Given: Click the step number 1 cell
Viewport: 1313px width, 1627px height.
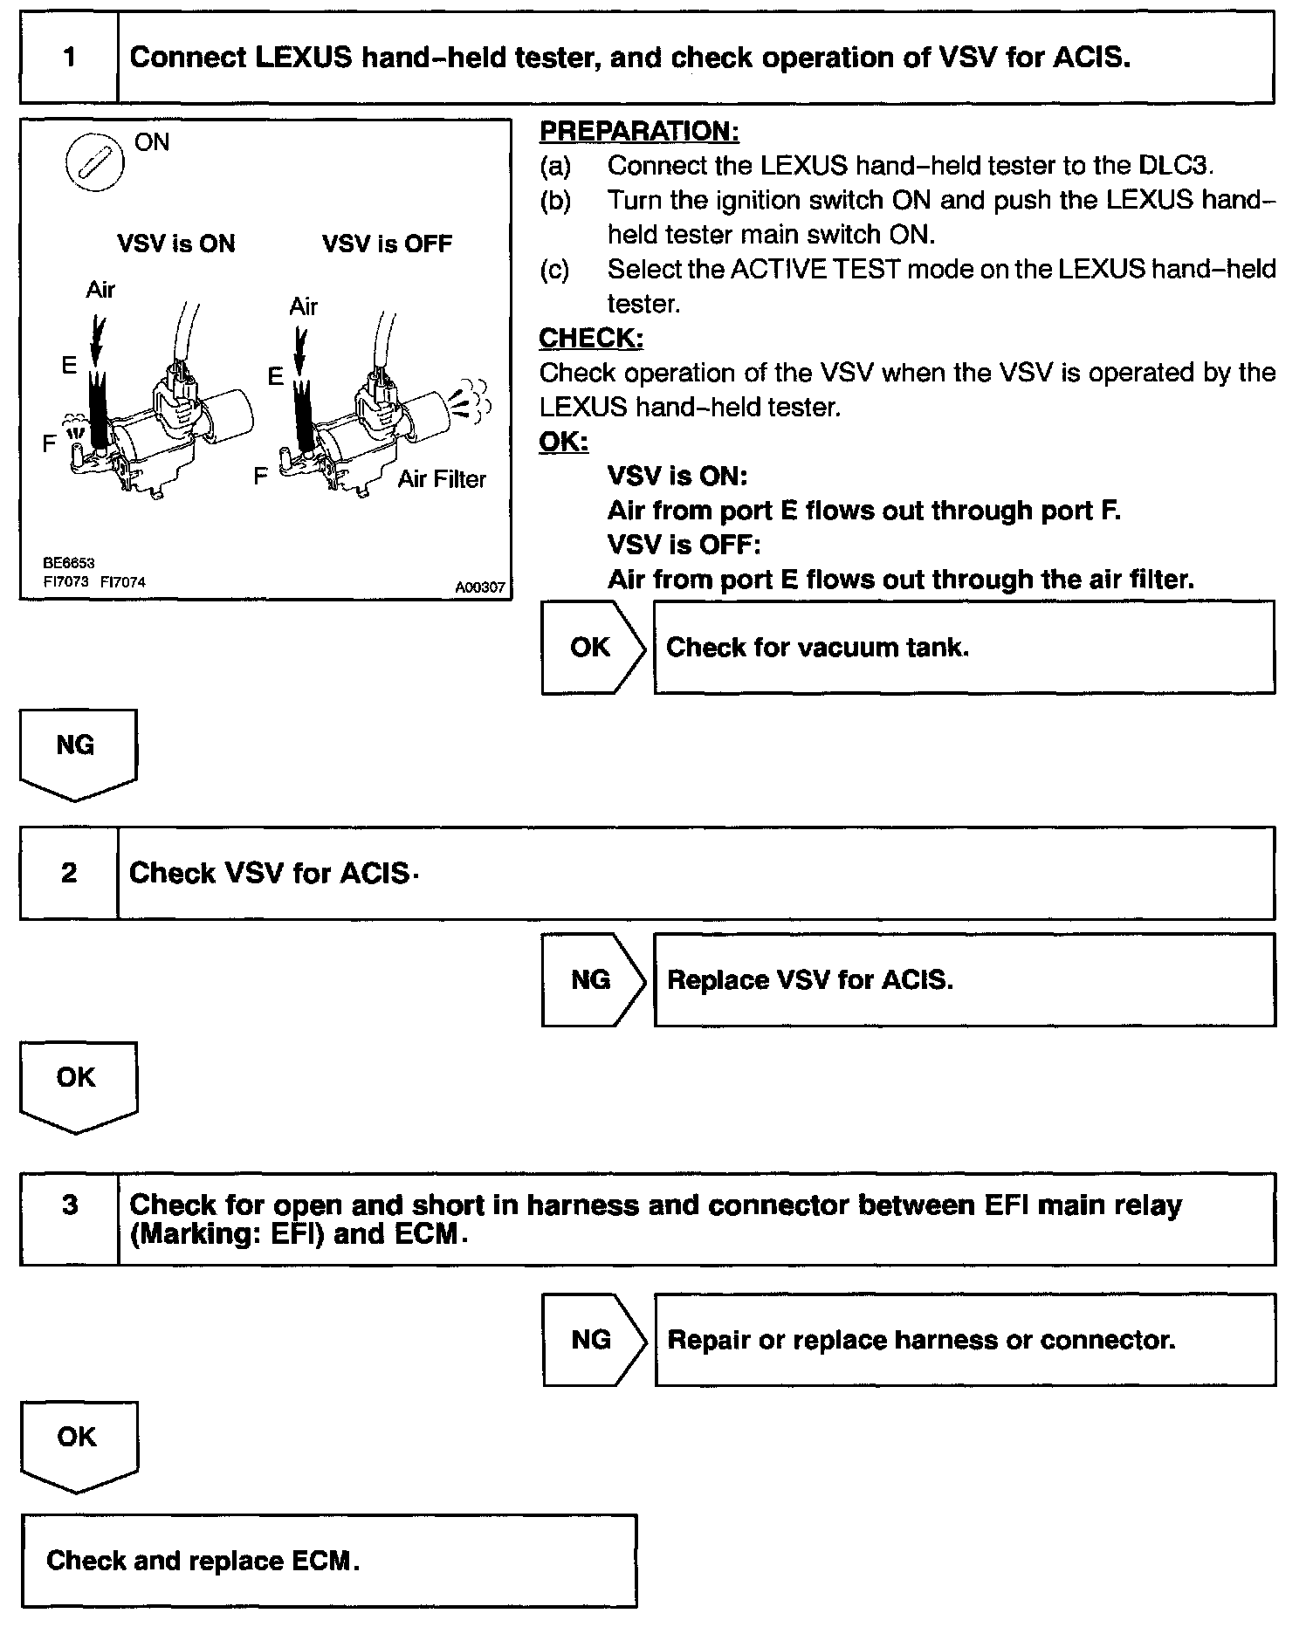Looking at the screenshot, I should [69, 58].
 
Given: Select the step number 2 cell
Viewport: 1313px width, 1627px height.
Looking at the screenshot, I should [69, 873].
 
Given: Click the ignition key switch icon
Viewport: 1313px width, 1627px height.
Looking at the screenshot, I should [95, 162].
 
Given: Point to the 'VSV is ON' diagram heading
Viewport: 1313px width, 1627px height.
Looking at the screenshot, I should [176, 244].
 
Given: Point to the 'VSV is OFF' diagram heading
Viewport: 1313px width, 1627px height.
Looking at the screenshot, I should [387, 244].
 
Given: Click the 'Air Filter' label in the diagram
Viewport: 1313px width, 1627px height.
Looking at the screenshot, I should [442, 479].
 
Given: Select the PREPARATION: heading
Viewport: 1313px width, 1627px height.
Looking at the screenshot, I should [639, 131].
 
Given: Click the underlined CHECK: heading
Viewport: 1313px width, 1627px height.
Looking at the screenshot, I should [591, 338].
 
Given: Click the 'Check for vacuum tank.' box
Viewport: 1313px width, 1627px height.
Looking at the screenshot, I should [964, 647].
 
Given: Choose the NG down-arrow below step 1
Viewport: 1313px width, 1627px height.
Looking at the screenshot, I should [77, 752].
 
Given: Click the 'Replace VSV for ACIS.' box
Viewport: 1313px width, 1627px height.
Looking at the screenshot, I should [964, 979].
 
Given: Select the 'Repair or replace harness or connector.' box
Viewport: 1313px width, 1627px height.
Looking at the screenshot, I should [964, 1339].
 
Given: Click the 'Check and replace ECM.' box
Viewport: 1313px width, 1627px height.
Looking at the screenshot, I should [329, 1561].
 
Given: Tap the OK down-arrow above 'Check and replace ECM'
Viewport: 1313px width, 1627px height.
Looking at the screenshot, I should [78, 1445].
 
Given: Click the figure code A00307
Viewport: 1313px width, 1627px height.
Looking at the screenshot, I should [480, 587].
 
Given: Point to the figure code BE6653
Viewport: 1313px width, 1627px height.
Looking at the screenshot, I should [68, 563].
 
